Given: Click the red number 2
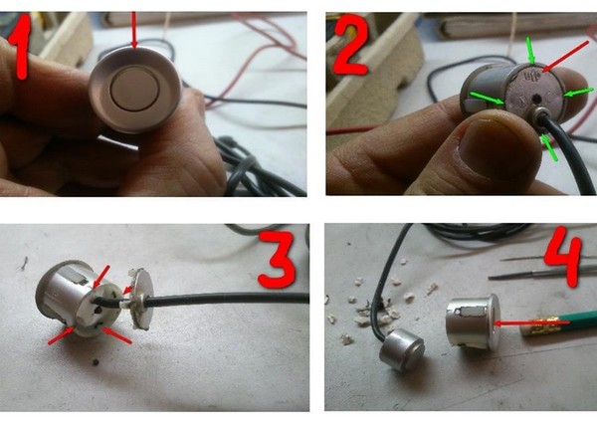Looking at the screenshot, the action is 350,46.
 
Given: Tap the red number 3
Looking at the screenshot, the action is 277,260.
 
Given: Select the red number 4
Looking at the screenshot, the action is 563,255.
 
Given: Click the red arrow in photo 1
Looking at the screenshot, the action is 133,31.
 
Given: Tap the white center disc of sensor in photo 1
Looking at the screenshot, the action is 134,90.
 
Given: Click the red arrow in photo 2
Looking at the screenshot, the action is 566,57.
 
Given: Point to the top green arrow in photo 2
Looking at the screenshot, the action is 530,51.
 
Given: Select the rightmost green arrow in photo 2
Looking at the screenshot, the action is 579,93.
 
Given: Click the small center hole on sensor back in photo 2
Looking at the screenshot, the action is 536,100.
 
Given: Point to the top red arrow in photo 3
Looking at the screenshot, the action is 101,277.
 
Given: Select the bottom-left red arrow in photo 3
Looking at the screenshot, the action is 61,335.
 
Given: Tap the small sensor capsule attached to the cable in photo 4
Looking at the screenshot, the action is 402,350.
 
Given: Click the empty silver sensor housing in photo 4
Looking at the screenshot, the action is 473,321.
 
